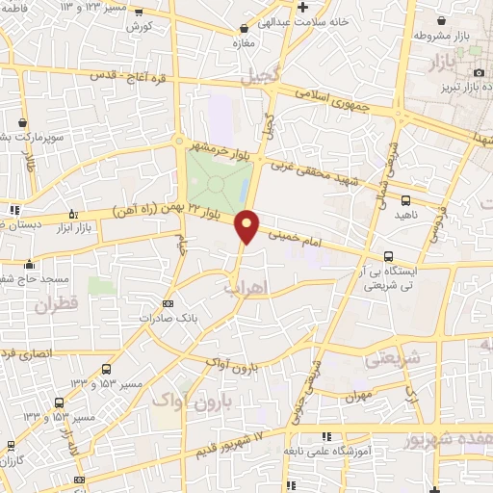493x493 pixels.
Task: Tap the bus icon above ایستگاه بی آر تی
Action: coord(387,256)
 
